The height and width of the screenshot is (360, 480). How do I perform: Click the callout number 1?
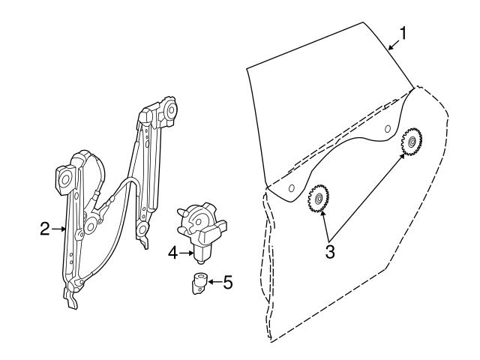click(x=403, y=33)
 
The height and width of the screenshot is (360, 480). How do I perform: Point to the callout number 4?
click(x=172, y=254)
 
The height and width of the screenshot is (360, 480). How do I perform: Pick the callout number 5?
click(x=228, y=283)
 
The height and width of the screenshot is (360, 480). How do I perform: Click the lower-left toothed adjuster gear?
click(x=319, y=199)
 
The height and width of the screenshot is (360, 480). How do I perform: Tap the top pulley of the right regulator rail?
click(x=169, y=109)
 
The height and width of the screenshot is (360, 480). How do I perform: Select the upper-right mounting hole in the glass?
click(x=387, y=129)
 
